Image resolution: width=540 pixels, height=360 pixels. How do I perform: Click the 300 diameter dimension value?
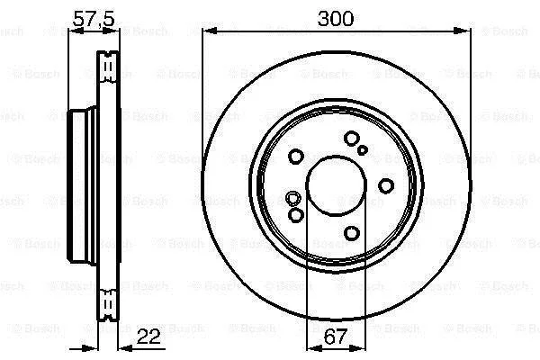[336, 19]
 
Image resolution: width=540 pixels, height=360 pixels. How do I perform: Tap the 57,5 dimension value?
[94, 19]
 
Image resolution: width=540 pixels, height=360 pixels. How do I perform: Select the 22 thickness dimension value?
[148, 337]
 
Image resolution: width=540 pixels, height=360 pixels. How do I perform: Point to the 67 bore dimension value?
[335, 337]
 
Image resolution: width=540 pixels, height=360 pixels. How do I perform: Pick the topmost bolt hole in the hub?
[352, 139]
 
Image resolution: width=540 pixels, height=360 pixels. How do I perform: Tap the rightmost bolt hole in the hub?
[386, 186]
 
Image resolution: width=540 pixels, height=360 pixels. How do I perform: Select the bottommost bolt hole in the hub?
[352, 233]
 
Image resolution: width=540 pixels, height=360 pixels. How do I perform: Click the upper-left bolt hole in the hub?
[295, 157]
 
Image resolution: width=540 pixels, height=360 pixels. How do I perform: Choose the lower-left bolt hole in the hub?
[295, 215]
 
